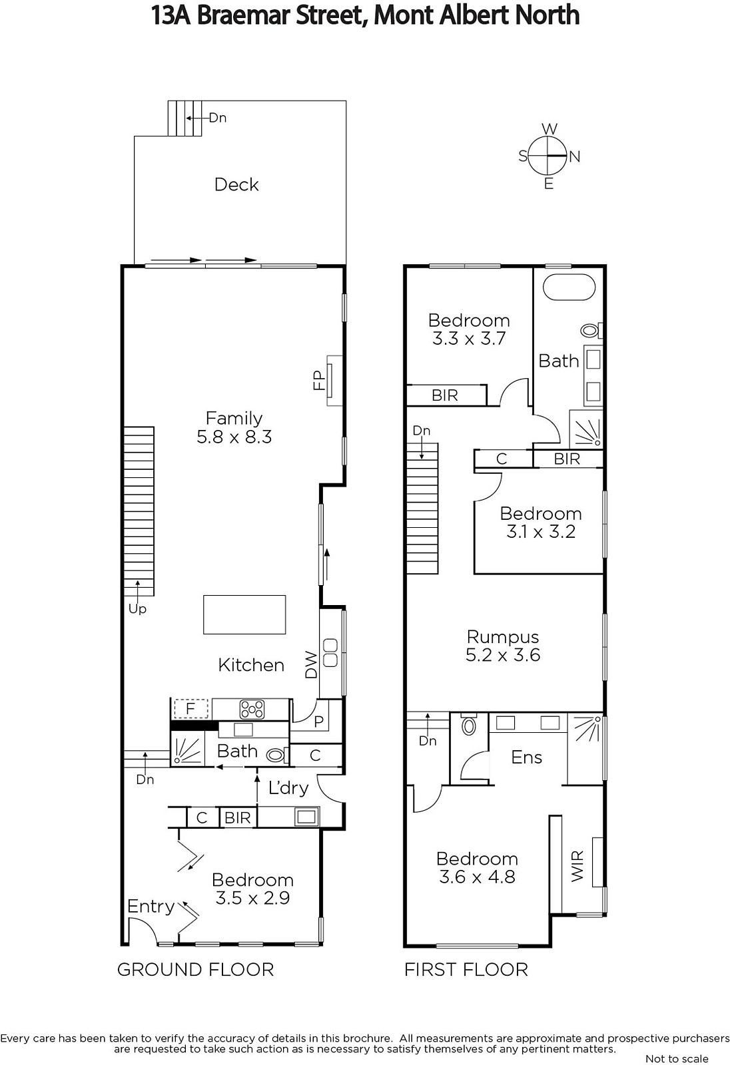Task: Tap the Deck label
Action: (236, 184)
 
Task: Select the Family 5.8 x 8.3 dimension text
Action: (234, 437)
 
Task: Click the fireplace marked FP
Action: (334, 380)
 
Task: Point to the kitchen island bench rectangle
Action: (244, 614)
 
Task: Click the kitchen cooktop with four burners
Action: (252, 710)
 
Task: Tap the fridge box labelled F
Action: (191, 709)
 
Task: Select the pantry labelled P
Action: (318, 721)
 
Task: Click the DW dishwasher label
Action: (311, 665)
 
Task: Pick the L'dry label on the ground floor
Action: (288, 788)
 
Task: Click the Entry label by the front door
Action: (151, 907)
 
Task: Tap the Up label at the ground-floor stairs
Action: (137, 609)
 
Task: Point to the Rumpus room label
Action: (502, 637)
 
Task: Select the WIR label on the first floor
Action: (577, 866)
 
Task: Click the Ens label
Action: (526, 757)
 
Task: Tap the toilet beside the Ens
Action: (469, 725)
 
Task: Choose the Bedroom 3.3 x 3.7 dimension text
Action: (469, 339)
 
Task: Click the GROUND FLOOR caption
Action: (196, 970)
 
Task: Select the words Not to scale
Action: (677, 1059)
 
